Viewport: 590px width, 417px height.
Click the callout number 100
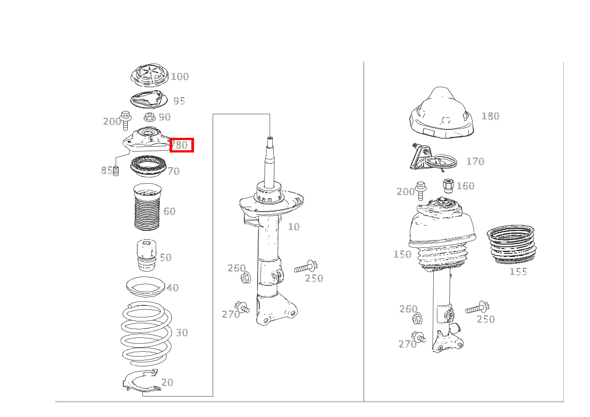tap(180, 76)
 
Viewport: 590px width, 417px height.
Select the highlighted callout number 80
tap(182, 145)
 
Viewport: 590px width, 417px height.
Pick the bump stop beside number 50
tap(147, 255)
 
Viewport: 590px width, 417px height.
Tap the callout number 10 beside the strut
tap(294, 227)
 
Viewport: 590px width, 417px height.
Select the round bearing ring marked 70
tap(148, 166)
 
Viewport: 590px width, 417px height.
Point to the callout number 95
tap(179, 101)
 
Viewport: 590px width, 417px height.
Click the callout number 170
tap(475, 161)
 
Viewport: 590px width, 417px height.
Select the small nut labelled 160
tap(449, 186)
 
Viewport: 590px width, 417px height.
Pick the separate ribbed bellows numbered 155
tap(512, 245)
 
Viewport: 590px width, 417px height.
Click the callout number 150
tap(402, 254)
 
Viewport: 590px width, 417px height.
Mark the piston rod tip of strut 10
tap(270, 138)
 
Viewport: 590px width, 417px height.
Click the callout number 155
tap(518, 272)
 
